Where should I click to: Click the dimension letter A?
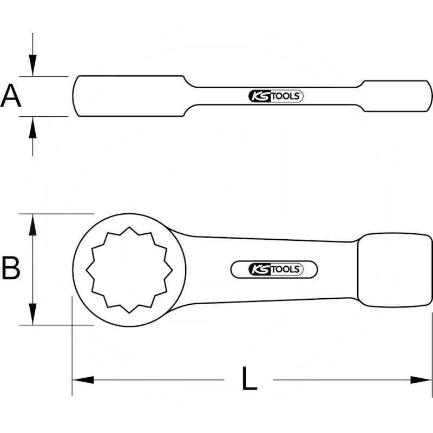(x=11, y=96)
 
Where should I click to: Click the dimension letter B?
(x=11, y=268)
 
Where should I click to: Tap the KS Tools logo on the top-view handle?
(x=275, y=269)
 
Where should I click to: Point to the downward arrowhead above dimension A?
(x=32, y=66)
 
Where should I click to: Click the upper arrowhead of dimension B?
(x=34, y=224)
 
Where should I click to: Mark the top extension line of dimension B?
(x=60, y=213)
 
